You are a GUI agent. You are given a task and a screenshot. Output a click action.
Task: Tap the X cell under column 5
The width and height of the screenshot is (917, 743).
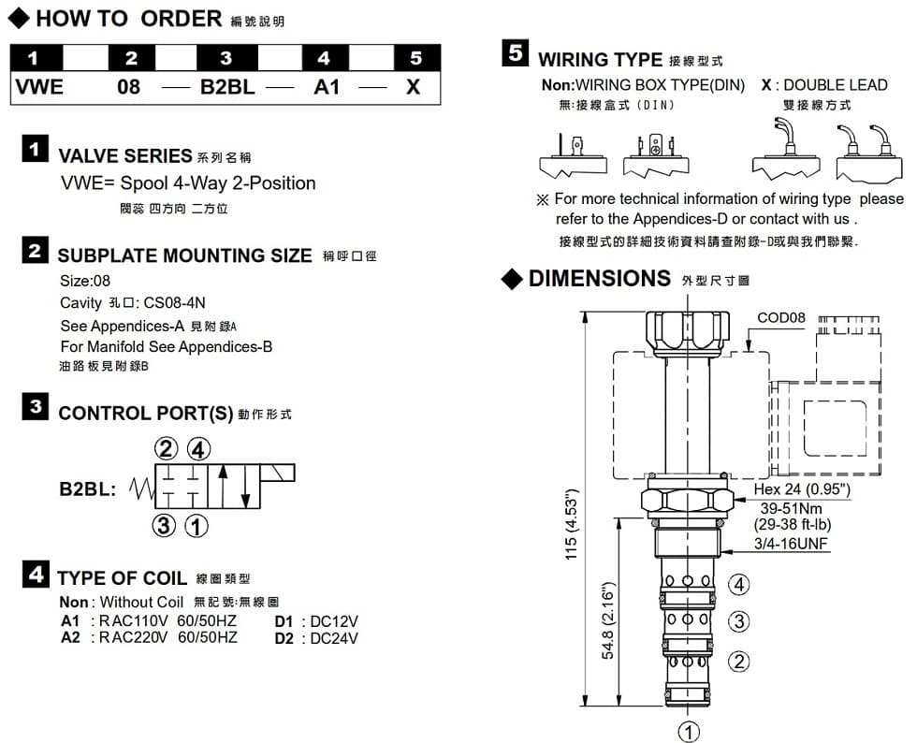[413, 88]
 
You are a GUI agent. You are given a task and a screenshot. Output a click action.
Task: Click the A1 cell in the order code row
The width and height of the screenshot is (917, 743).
[325, 88]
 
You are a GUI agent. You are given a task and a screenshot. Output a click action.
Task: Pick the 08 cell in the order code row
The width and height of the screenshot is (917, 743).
[129, 88]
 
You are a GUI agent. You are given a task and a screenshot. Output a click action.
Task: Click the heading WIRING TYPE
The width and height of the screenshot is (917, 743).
[600, 59]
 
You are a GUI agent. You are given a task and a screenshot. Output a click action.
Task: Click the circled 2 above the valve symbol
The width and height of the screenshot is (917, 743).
[166, 448]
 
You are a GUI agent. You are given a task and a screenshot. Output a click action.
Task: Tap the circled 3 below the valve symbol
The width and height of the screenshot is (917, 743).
[165, 526]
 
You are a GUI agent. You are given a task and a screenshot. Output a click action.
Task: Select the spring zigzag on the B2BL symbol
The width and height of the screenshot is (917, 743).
[140, 488]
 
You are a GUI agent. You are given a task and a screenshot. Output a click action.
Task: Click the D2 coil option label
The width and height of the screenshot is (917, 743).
[284, 638]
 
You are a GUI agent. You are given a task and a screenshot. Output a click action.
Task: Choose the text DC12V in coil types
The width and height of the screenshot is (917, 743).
[334, 621]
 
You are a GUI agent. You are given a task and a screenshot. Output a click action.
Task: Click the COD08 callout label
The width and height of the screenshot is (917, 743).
[780, 317]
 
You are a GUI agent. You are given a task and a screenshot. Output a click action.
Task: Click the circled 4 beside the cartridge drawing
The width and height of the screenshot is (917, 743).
[738, 586]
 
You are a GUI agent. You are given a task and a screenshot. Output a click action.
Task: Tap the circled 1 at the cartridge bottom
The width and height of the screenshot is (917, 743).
[689, 731]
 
